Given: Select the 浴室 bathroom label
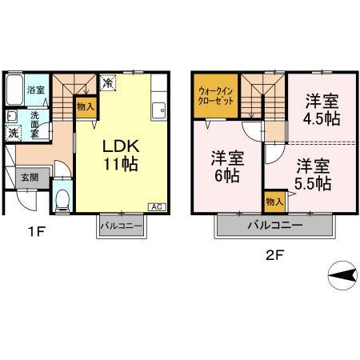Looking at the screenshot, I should tap(35, 90).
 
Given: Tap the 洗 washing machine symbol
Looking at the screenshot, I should tap(13, 133).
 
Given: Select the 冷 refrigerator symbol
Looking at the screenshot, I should tap(106, 82).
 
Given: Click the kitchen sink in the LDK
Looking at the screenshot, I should tap(158, 106).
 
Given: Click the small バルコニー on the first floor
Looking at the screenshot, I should tap(121, 226).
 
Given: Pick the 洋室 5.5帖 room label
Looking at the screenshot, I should tap(311, 175).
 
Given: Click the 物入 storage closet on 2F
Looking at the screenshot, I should tap(274, 200).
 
